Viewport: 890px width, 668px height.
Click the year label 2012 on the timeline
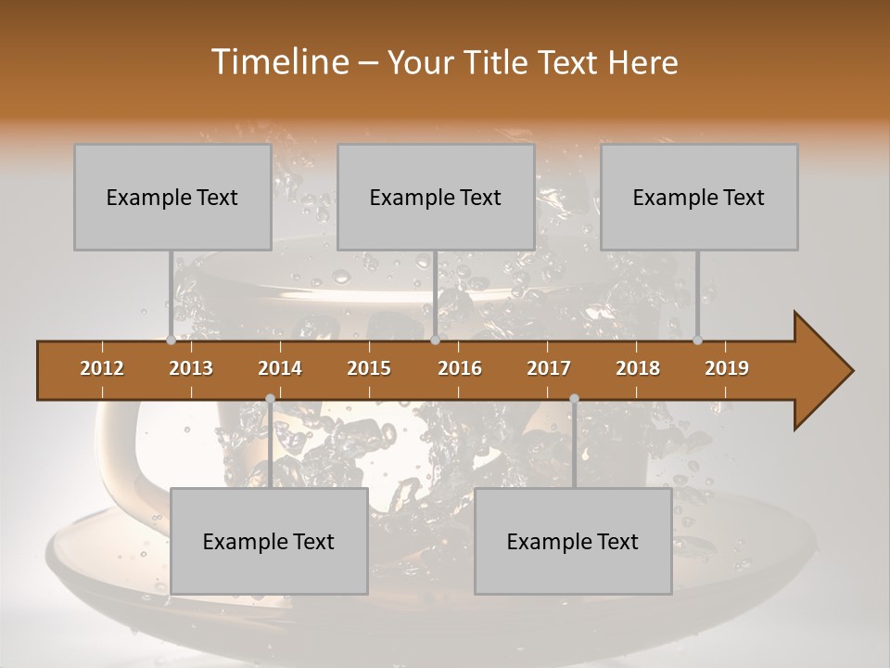pyautogui.click(x=102, y=368)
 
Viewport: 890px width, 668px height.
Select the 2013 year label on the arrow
pyautogui.click(x=191, y=368)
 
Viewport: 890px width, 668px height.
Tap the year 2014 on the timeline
pyautogui.click(x=280, y=368)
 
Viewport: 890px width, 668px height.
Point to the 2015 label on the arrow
pyautogui.click(x=369, y=368)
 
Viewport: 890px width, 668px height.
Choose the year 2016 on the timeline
pyautogui.click(x=460, y=368)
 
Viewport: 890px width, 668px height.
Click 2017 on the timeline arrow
pyautogui.click(x=549, y=368)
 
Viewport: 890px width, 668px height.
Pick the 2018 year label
pyautogui.click(x=638, y=368)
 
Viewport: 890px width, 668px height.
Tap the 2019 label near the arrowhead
pyautogui.click(x=727, y=368)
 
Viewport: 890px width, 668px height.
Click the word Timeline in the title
pyautogui.click(x=279, y=62)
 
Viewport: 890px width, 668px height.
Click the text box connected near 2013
pyautogui.click(x=172, y=197)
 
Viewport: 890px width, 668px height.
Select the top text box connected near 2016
pyautogui.click(x=436, y=197)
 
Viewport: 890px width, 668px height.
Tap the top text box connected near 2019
pyautogui.click(x=699, y=197)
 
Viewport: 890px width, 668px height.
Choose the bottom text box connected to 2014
pyautogui.click(x=269, y=541)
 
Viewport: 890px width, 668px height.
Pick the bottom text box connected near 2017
pyautogui.click(x=573, y=541)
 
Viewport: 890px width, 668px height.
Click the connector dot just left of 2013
pyautogui.click(x=171, y=340)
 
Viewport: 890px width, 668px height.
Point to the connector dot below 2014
pyautogui.click(x=270, y=399)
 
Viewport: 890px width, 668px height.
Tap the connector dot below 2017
pyautogui.click(x=574, y=399)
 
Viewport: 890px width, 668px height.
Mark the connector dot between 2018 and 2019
pyautogui.click(x=698, y=340)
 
